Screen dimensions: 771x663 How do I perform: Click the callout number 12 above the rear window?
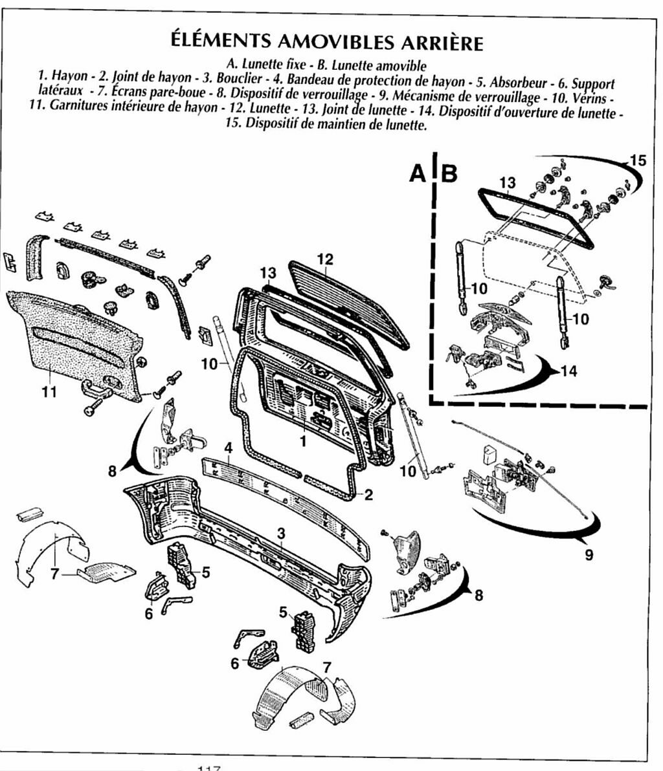[325, 259]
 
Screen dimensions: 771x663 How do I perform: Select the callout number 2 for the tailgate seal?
[368, 495]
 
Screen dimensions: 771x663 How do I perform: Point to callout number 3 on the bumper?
[280, 533]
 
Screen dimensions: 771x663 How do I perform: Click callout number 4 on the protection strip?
[229, 448]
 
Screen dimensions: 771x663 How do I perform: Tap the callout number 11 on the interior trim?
[49, 391]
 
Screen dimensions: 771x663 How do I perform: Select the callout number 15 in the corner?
[638, 160]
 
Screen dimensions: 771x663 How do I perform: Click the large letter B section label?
[450, 173]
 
